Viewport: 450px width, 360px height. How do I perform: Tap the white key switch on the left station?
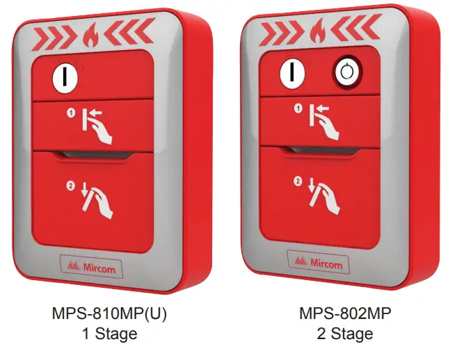point(65,75)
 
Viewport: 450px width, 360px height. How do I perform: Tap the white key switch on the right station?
point(292,73)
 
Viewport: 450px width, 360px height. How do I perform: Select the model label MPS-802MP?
point(340,313)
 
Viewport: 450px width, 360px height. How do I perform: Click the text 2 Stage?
point(340,334)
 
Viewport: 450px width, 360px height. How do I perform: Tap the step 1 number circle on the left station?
point(71,113)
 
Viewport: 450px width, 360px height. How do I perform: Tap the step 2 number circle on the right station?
point(298,183)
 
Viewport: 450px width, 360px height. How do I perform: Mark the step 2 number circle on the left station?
point(71,185)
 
